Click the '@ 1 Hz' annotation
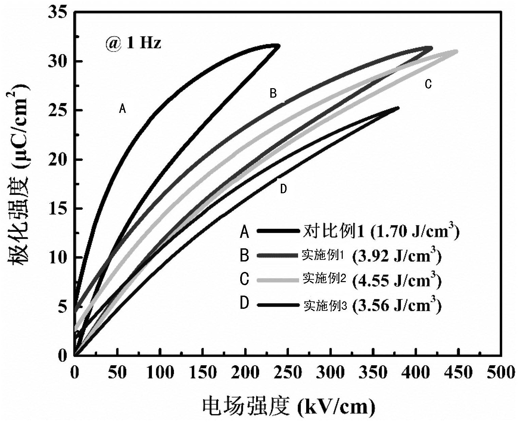tap(133, 44)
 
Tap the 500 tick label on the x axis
tap(501, 373)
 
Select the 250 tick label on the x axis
tap(288, 373)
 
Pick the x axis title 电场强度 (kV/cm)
tap(289, 406)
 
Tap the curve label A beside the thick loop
tap(122, 108)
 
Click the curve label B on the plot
tap(273, 93)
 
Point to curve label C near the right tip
tap(428, 84)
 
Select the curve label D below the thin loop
tap(284, 189)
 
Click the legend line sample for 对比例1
tap(278, 231)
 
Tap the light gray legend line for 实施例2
tap(278, 280)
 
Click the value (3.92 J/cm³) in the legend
tap(397, 257)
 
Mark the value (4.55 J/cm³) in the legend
tap(397, 280)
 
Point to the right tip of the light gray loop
tap(456, 51)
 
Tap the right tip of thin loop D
tap(398, 108)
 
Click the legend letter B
tap(244, 256)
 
